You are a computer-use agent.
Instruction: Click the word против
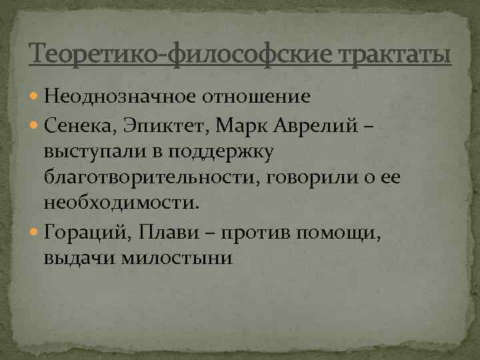[x=248, y=233]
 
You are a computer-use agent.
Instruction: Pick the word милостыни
[x=177, y=259]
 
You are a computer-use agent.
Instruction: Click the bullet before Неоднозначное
[x=34, y=97]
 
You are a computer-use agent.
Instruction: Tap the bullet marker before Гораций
[x=34, y=233]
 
